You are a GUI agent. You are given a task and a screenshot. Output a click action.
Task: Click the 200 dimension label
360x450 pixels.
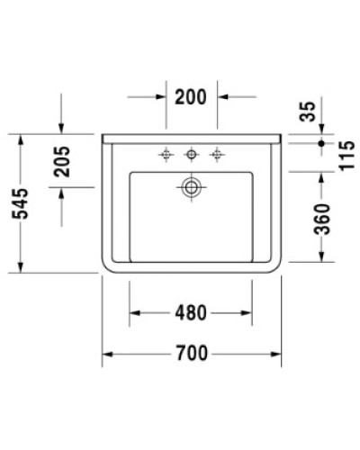(x=193, y=94)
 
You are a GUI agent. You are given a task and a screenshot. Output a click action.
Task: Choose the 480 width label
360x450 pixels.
(x=192, y=313)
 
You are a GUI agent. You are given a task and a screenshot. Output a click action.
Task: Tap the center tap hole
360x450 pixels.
(x=191, y=155)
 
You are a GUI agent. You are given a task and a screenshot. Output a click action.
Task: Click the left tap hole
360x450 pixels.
(x=166, y=155)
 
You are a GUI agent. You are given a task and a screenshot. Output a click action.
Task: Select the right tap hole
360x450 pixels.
(x=216, y=155)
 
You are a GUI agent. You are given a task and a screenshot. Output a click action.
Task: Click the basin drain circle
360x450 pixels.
(x=191, y=187)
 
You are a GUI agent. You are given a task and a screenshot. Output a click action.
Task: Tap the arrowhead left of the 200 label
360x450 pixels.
(x=162, y=94)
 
